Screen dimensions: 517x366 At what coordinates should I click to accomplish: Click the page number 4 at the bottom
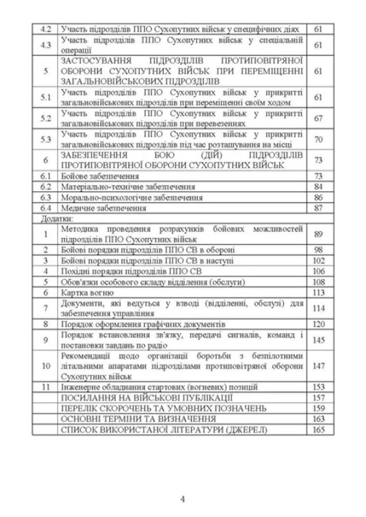[x=183, y=499]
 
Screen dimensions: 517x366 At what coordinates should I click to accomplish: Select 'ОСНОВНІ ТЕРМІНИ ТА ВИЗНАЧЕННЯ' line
[x=138, y=418]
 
